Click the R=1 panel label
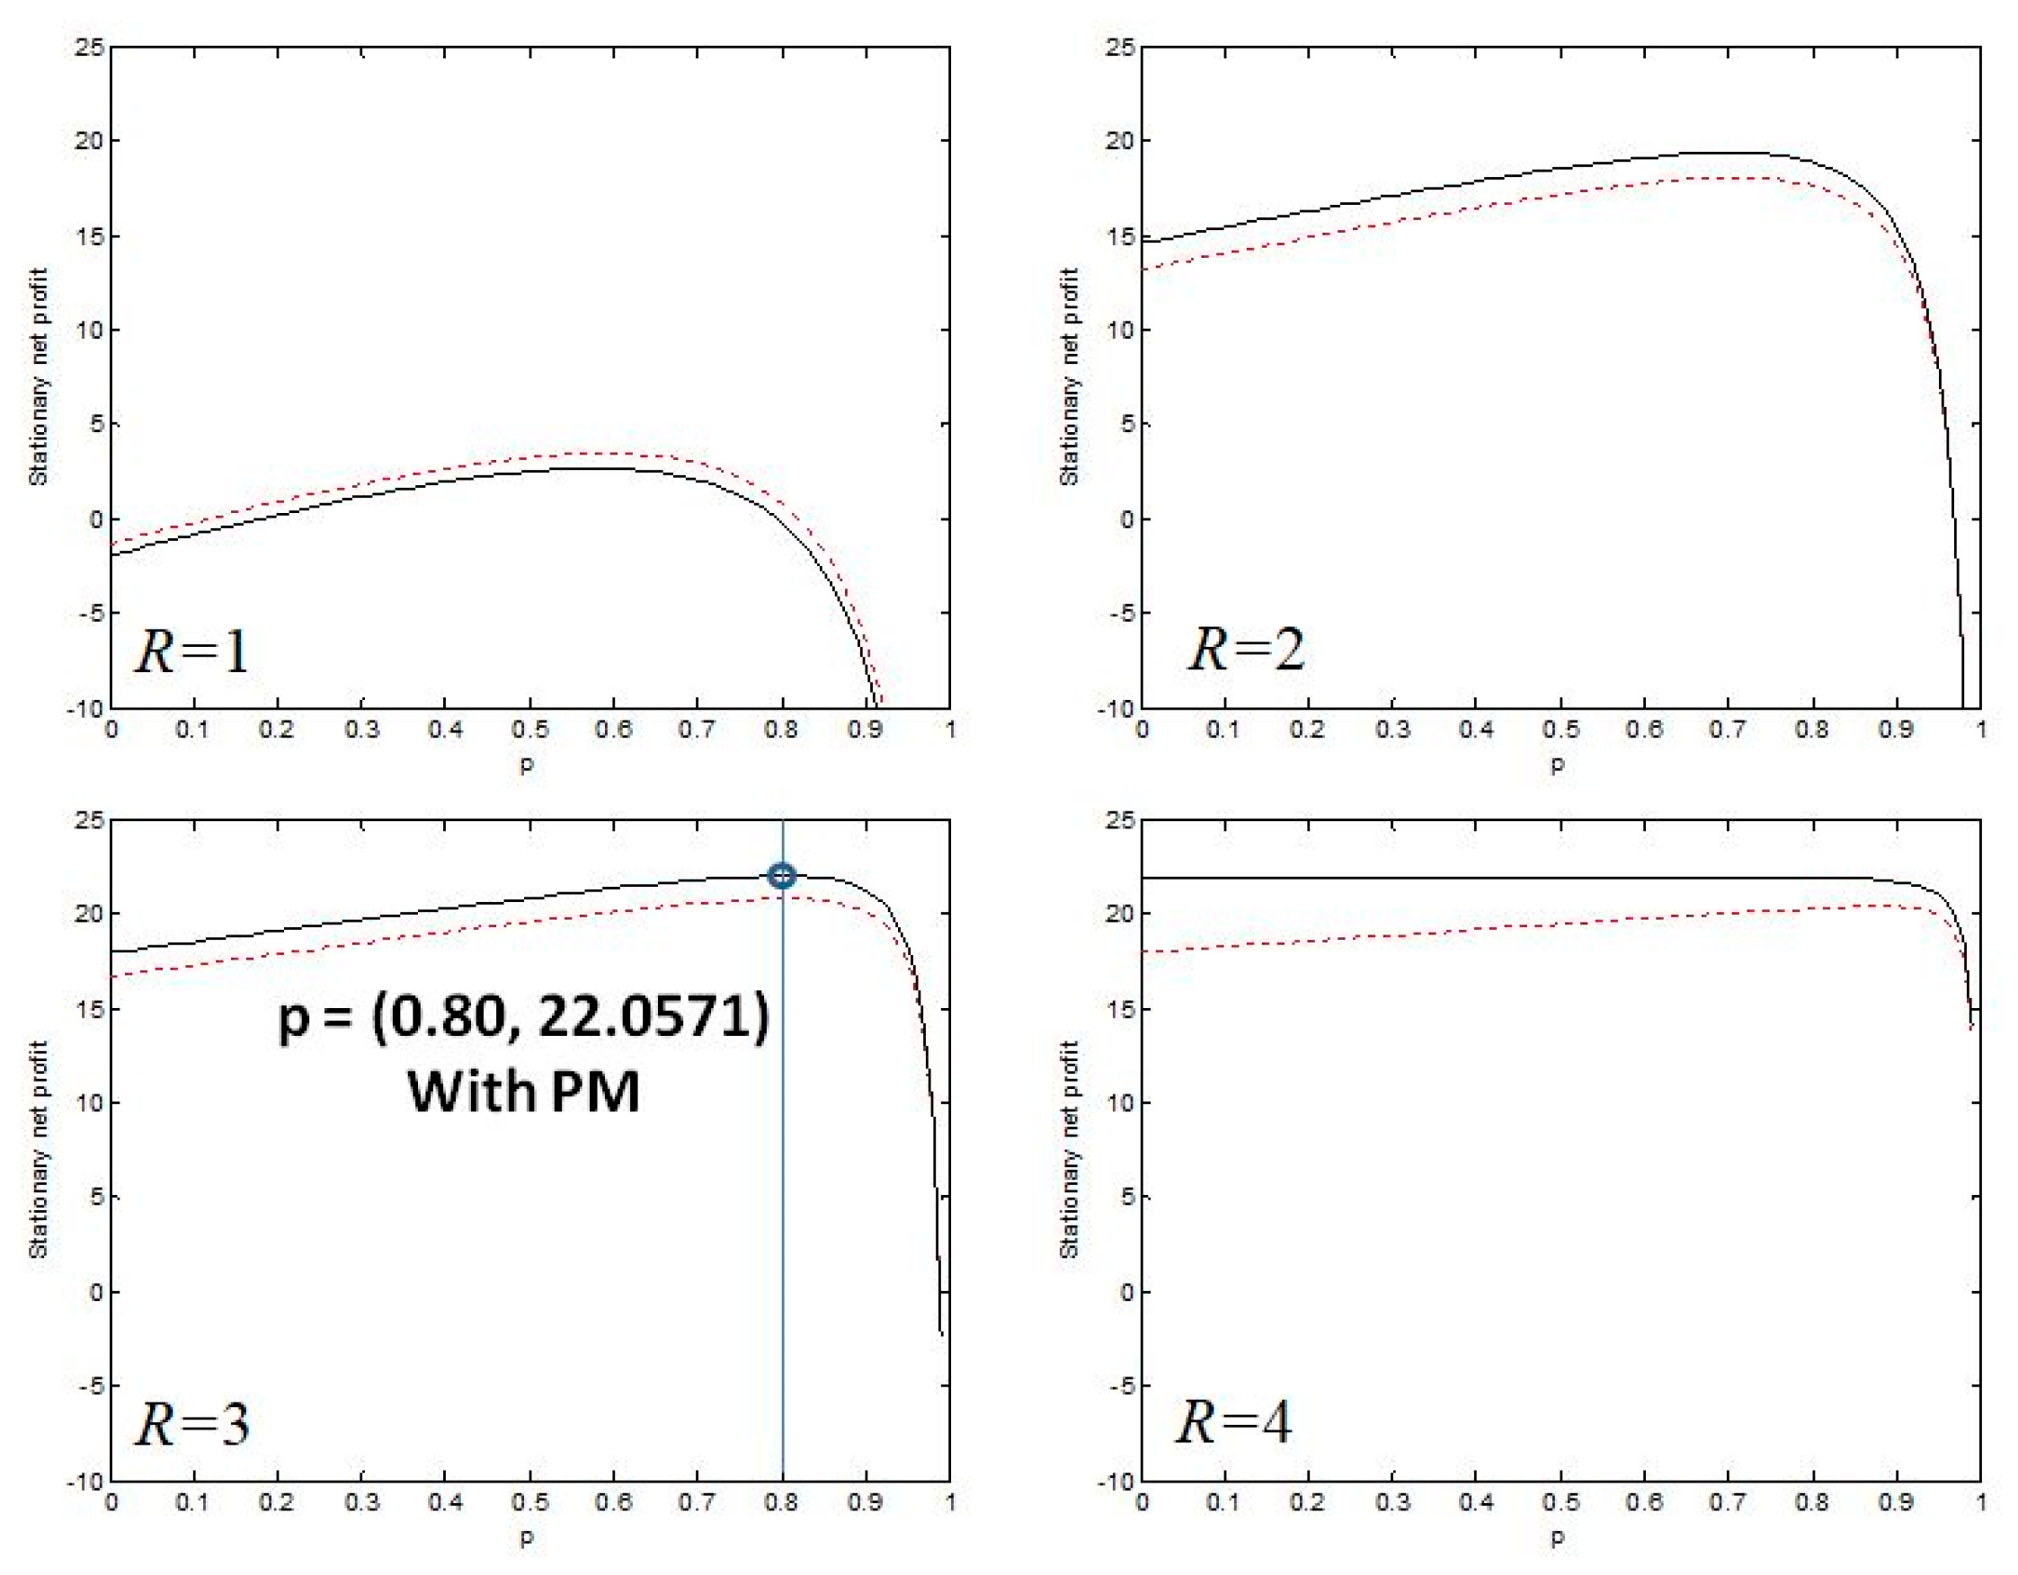point(192,650)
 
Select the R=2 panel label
point(1247,649)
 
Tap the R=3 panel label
point(192,1423)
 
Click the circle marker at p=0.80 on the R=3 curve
point(782,876)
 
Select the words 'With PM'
point(524,1092)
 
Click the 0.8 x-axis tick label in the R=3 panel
point(781,1502)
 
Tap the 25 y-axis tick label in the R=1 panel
point(90,47)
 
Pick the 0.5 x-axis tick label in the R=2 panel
point(1560,730)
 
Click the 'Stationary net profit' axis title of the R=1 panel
point(38,376)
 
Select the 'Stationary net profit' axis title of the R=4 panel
point(1069,1150)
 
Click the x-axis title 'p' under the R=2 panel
point(1558,765)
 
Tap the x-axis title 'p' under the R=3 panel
point(527,1539)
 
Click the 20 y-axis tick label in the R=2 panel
point(1120,141)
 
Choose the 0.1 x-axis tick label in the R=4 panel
point(1223,1502)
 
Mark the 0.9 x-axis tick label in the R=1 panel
point(865,730)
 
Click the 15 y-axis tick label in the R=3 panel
point(90,1009)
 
